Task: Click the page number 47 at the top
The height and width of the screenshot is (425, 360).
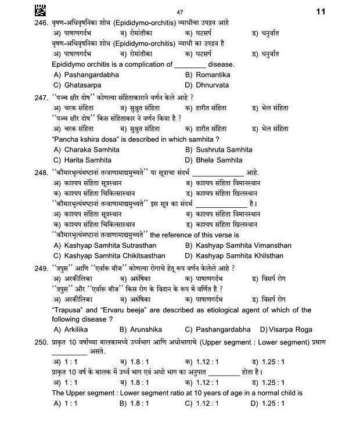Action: pos(179,12)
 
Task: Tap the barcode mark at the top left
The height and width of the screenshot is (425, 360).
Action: pos(40,10)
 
